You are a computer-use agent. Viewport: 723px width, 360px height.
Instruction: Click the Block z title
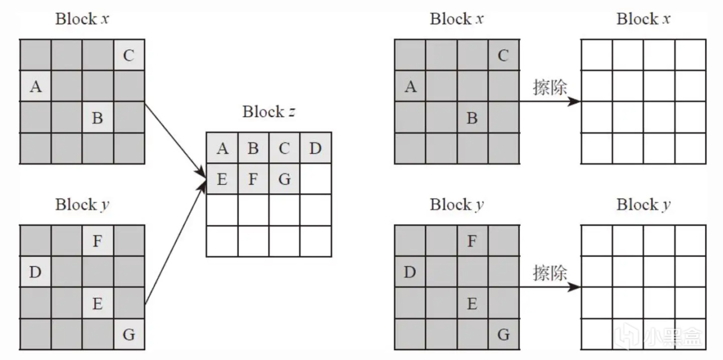point(269,112)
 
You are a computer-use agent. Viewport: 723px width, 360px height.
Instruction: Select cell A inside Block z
point(222,148)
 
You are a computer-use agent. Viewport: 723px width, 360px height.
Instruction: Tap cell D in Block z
point(316,148)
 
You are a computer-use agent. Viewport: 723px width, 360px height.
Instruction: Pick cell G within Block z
point(285,179)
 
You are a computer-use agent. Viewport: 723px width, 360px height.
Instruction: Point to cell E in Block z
point(222,179)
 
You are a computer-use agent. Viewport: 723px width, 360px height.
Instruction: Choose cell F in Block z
point(253,179)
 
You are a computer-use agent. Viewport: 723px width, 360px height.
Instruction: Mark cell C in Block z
point(285,148)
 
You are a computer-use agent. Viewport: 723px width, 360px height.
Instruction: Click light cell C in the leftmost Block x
point(129,55)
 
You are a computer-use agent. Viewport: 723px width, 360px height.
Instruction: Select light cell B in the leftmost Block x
point(97,118)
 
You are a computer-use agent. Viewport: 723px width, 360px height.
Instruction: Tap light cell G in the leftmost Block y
point(129,335)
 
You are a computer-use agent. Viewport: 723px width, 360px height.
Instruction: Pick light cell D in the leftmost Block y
point(35,272)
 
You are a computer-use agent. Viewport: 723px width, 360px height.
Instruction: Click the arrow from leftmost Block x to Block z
point(175,138)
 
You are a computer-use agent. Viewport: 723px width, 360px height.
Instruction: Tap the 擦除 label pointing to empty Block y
point(550,273)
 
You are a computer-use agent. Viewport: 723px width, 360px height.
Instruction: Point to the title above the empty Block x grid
point(643,19)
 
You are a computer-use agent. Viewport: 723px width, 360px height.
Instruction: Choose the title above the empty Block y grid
point(643,205)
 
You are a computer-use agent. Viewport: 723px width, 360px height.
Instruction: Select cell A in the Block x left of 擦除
point(411,87)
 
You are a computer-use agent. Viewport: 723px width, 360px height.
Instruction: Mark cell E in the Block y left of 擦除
point(472,303)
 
